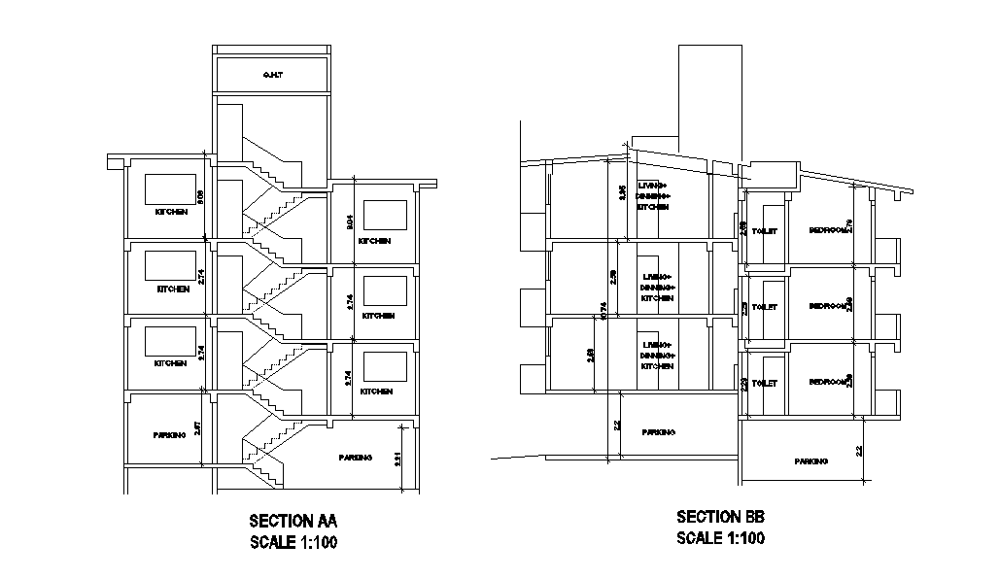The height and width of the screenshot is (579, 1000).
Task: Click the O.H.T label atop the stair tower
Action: pos(271,75)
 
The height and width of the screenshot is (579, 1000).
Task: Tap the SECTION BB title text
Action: pos(720,517)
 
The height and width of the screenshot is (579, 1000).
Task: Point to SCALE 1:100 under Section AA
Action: pos(293,543)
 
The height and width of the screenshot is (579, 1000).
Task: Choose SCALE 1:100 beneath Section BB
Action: pos(720,538)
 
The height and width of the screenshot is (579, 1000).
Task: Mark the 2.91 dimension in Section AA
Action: pos(398,459)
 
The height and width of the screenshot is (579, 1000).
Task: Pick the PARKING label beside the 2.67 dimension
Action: pos(169,435)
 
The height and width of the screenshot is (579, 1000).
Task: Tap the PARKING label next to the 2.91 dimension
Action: pos(355,457)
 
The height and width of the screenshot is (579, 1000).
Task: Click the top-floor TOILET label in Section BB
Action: pos(765,230)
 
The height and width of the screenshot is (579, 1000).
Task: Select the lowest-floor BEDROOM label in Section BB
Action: pos(829,382)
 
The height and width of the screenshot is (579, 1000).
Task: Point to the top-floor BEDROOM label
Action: pos(829,230)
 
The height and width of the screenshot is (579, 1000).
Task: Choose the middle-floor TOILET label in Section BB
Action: pos(765,307)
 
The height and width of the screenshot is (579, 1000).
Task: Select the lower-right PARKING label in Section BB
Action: pos(810,460)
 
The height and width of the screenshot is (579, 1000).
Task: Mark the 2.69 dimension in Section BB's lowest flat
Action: pos(591,356)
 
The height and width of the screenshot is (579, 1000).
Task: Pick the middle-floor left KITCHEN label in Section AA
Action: pos(172,289)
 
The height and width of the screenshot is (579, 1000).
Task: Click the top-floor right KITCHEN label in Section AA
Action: pos(374,241)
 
